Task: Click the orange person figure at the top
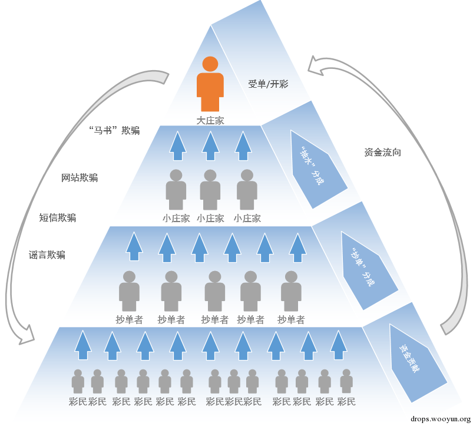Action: click(210, 84)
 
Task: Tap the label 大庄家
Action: click(210, 121)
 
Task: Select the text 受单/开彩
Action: click(268, 84)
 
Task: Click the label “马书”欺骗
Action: click(114, 130)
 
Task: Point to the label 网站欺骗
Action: click(80, 178)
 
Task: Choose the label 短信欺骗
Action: click(57, 217)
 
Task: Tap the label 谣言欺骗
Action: click(47, 255)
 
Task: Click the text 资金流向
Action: click(382, 153)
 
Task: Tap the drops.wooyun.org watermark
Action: click(441, 419)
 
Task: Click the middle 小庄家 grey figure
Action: click(210, 190)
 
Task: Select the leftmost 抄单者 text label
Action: click(129, 319)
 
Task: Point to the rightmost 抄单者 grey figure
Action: click(291, 291)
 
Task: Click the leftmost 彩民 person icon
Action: click(78, 381)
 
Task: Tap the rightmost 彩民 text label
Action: click(346, 402)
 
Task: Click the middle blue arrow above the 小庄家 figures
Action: click(210, 146)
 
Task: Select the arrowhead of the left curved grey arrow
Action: click(27, 334)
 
